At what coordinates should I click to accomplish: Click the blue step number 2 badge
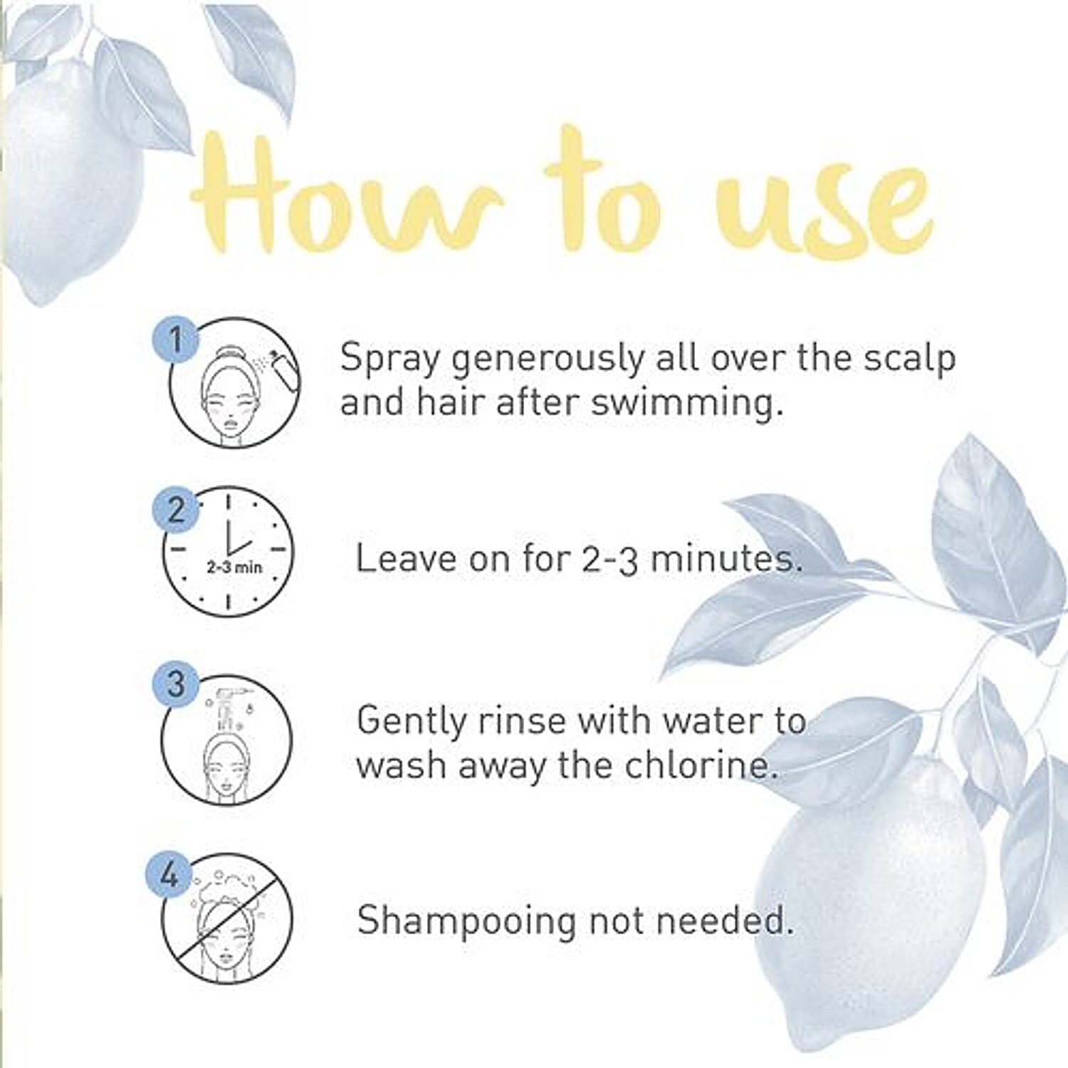click(175, 511)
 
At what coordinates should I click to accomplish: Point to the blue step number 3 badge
click(175, 684)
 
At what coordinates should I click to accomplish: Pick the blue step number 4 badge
click(169, 874)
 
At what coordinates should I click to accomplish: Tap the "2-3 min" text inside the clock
click(234, 567)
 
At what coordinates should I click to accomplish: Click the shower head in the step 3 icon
click(227, 701)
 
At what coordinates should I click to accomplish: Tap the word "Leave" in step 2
click(406, 558)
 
